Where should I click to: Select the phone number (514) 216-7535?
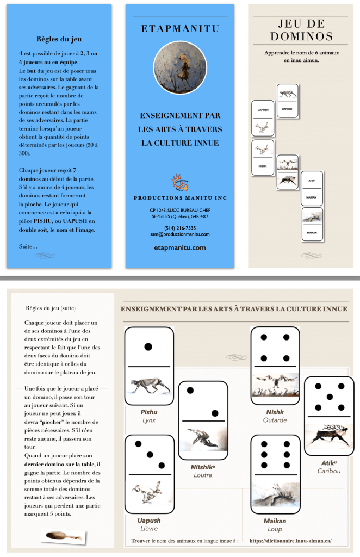click(179, 228)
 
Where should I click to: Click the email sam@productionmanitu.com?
click(179, 234)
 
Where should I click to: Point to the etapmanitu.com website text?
click(179, 247)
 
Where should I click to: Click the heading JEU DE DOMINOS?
click(301, 30)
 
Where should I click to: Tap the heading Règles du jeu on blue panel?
click(59, 39)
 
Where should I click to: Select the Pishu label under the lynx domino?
click(148, 412)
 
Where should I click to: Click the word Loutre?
click(202, 475)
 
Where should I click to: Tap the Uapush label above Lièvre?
click(149, 521)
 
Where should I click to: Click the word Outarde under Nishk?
click(275, 420)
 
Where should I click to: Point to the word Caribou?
click(329, 471)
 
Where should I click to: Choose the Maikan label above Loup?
click(275, 521)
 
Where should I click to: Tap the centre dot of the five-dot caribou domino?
click(329, 397)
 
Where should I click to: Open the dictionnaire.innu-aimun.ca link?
click(290, 541)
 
